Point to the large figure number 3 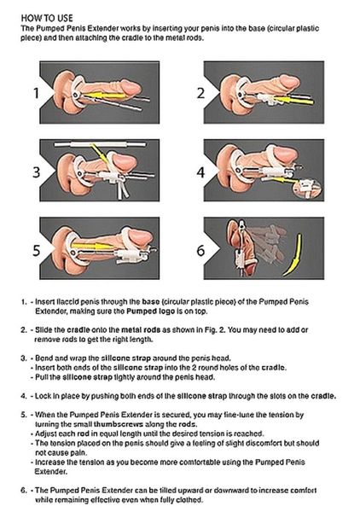tap(36, 172)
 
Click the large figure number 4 tap(200, 172)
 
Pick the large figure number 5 tap(35, 251)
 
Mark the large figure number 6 tap(200, 251)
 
